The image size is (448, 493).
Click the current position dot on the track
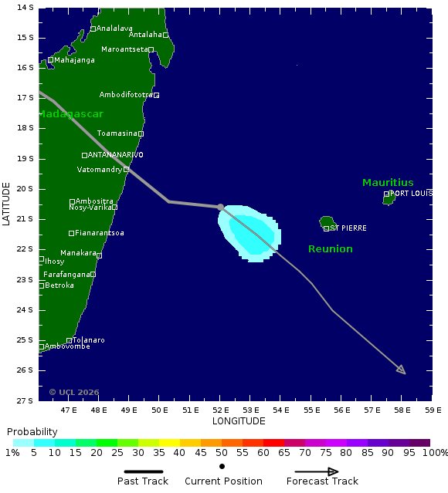[221, 207]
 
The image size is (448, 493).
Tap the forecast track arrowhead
[402, 370]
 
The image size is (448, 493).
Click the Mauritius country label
[388, 183]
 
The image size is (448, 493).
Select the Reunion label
[330, 248]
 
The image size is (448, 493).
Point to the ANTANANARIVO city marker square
[84, 155]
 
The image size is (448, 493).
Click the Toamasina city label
[117, 133]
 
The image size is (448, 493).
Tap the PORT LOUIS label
[411, 193]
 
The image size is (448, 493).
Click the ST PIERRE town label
[348, 228]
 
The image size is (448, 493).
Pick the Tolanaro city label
[89, 340]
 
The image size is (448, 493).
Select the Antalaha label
[145, 35]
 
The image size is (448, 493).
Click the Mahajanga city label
[74, 60]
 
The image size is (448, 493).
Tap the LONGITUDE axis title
[239, 421]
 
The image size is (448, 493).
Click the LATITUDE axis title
[7, 204]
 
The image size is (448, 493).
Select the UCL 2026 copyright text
[74, 392]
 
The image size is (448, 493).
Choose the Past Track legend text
[142, 481]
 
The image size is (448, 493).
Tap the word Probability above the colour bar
[32, 431]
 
